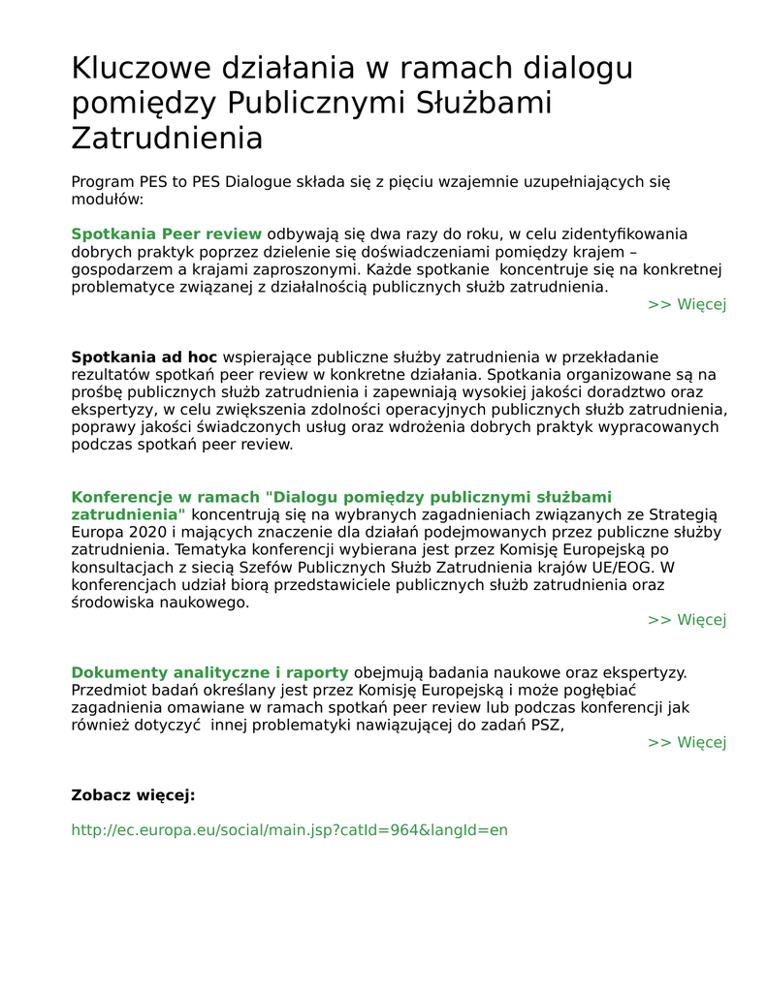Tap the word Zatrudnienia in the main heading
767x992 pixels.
click(x=167, y=138)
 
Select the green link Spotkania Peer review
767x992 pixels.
click(x=166, y=233)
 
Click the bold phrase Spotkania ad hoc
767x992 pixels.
click(x=144, y=356)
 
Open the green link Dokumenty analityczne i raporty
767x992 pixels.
click(x=209, y=672)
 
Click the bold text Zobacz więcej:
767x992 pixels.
click(x=133, y=795)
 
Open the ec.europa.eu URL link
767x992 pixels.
click(x=289, y=830)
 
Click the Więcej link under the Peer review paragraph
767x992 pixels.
click(x=687, y=304)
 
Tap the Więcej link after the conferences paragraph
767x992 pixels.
click(x=687, y=620)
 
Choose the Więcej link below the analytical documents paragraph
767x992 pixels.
click(x=687, y=743)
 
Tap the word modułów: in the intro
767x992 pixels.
click(x=107, y=199)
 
